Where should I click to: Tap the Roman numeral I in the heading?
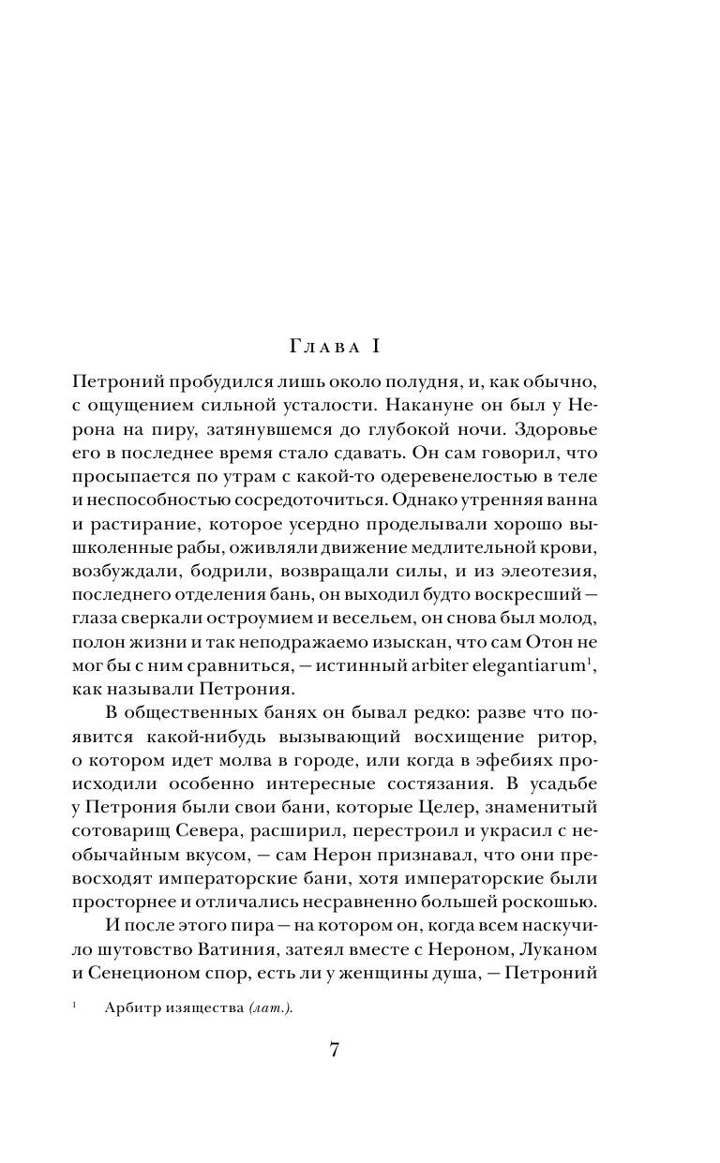click(x=372, y=347)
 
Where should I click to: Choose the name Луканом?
click(x=557, y=947)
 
